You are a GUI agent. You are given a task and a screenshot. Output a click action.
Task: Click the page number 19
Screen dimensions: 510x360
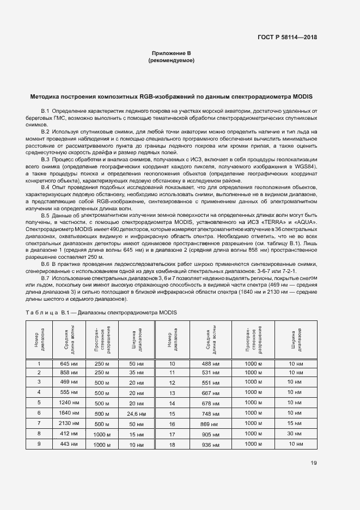pyautogui.click(x=314, y=463)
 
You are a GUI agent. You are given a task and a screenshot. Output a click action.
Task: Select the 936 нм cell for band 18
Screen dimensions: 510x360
pyautogui.click(x=210, y=445)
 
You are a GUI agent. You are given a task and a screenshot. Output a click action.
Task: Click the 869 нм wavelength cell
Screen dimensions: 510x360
pyautogui.click(x=209, y=424)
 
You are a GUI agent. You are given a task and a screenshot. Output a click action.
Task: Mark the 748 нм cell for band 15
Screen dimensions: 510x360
pyautogui.click(x=210, y=414)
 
